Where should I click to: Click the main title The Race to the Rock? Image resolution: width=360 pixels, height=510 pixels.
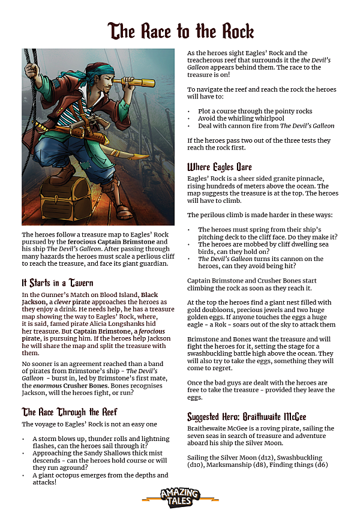[x=180, y=31]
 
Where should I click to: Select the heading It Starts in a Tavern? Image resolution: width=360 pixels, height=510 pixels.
[x=57, y=282]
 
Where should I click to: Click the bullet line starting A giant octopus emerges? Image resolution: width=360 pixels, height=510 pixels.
[x=100, y=475]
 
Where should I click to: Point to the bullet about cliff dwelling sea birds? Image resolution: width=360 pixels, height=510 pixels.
[x=257, y=248]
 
